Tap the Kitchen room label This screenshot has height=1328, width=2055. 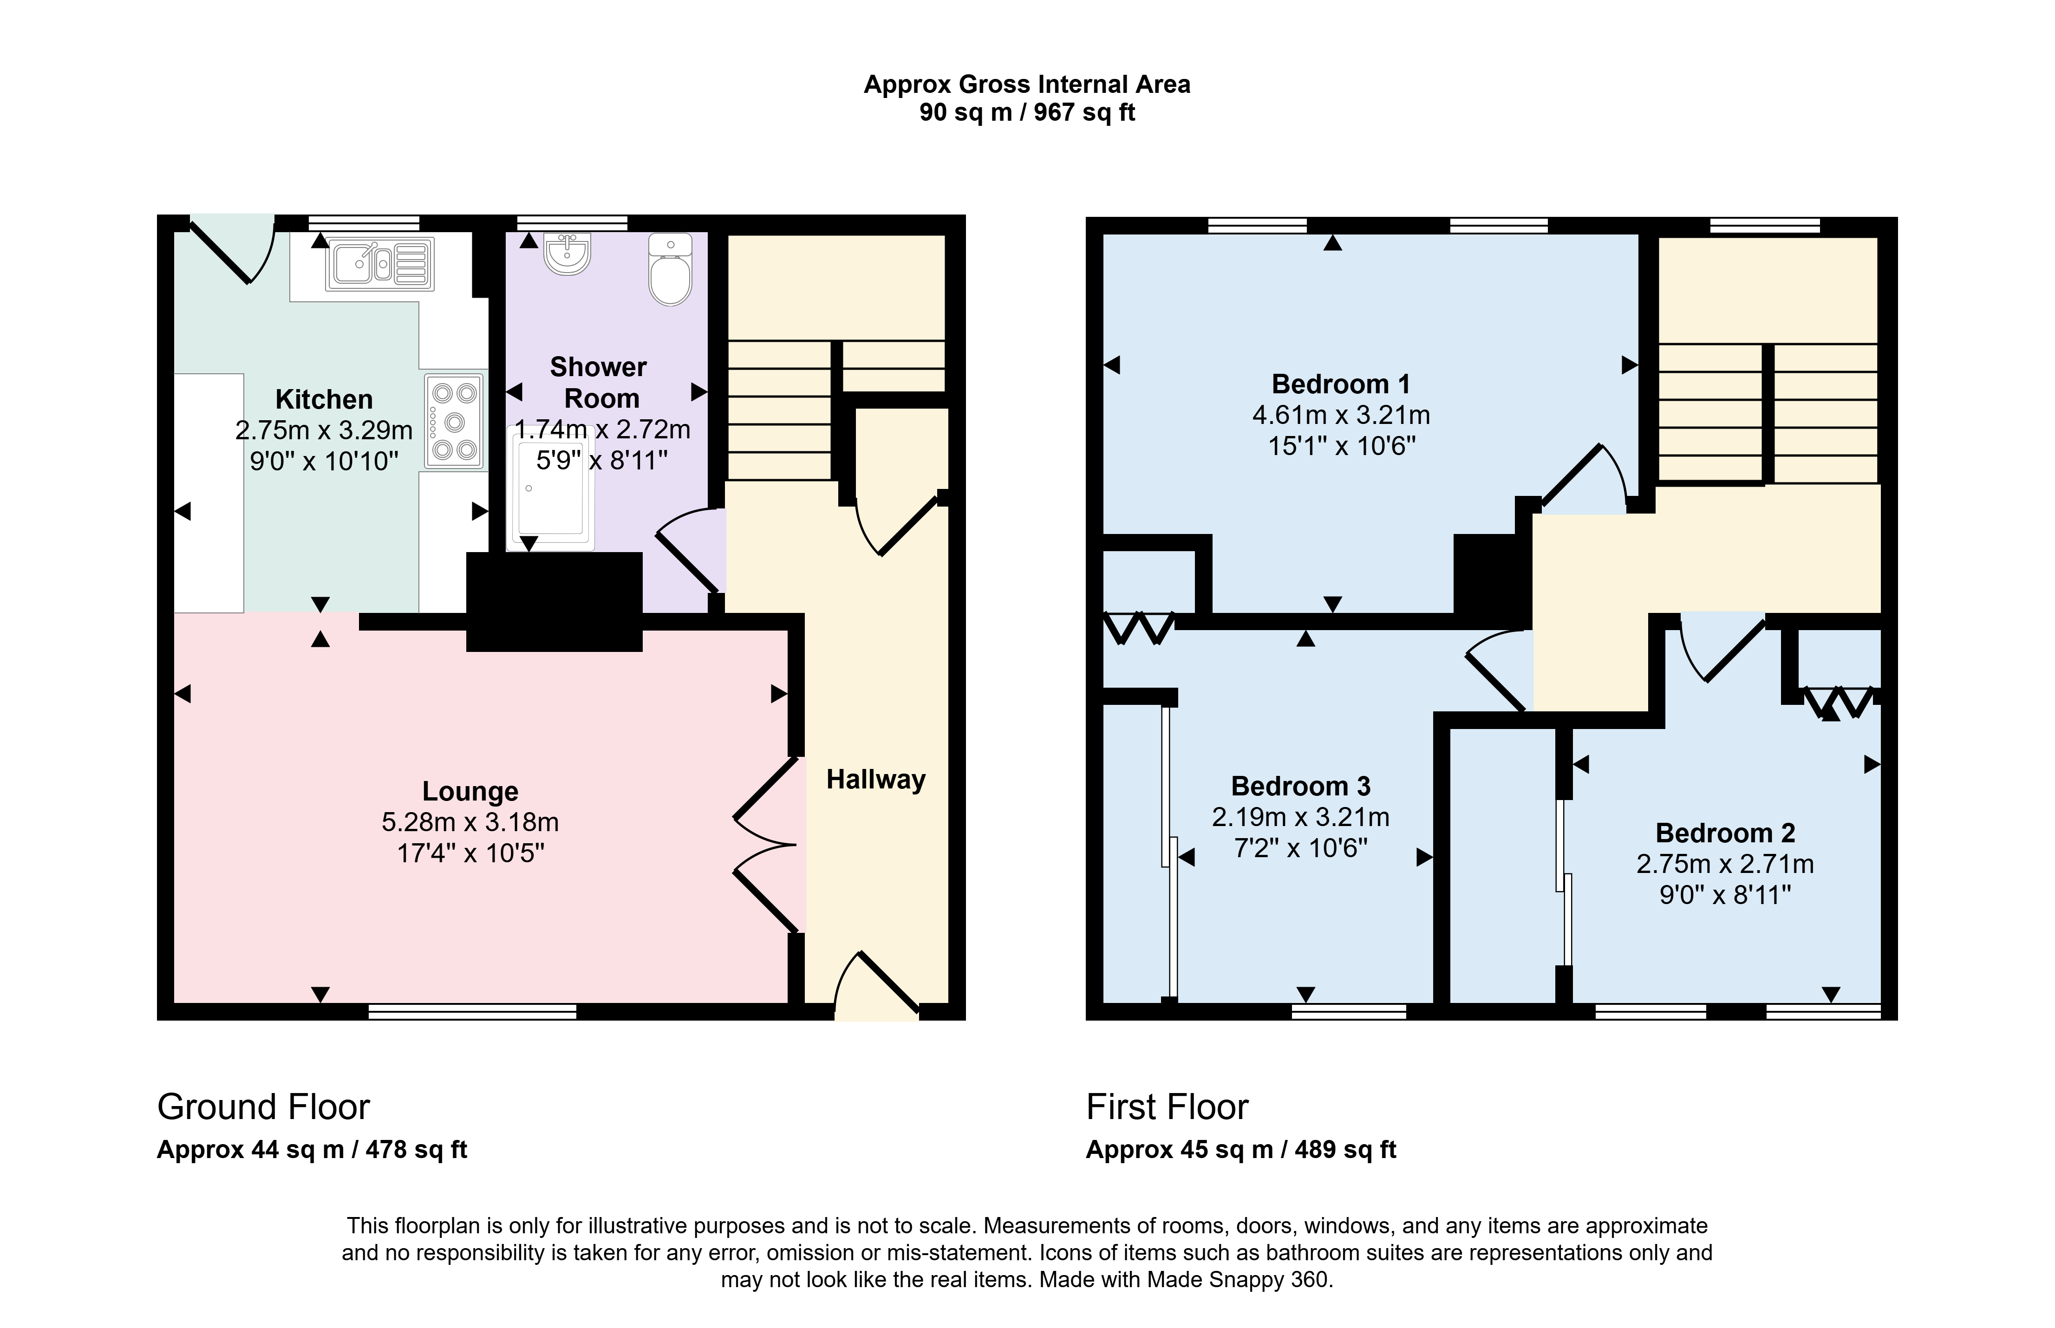point(324,399)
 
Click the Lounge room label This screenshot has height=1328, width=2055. point(470,791)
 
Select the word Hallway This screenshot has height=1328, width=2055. point(875,780)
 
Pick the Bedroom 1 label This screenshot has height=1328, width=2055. point(1341,384)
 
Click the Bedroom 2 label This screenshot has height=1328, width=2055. point(1725,833)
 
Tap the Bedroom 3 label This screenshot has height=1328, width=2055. point(1300,787)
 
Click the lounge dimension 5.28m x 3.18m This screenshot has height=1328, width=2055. point(470,822)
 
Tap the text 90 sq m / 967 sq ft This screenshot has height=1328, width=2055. point(1027,112)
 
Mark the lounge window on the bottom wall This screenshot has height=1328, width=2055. point(473,1011)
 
